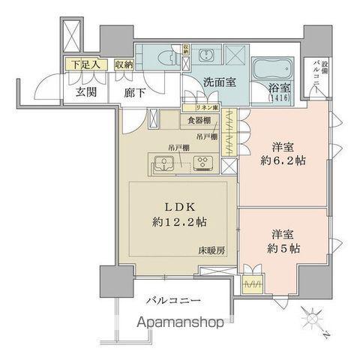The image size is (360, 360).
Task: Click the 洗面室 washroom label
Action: point(219,83)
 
